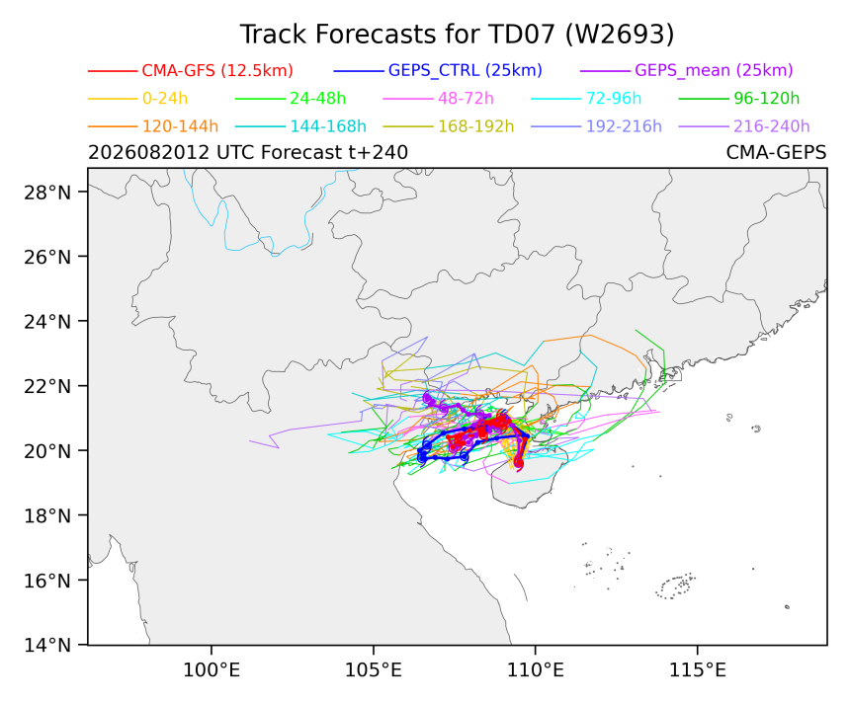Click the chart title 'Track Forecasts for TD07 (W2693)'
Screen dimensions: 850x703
coord(457,35)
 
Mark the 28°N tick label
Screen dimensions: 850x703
coord(47,193)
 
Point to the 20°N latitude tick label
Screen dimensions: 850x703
coord(47,451)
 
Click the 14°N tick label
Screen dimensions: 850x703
coord(47,645)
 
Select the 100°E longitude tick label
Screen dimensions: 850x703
coord(212,670)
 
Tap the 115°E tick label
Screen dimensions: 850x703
coord(698,670)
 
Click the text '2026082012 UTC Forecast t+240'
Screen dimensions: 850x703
coord(248,153)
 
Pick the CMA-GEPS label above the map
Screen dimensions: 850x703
coord(776,153)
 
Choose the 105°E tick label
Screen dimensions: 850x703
coord(374,670)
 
